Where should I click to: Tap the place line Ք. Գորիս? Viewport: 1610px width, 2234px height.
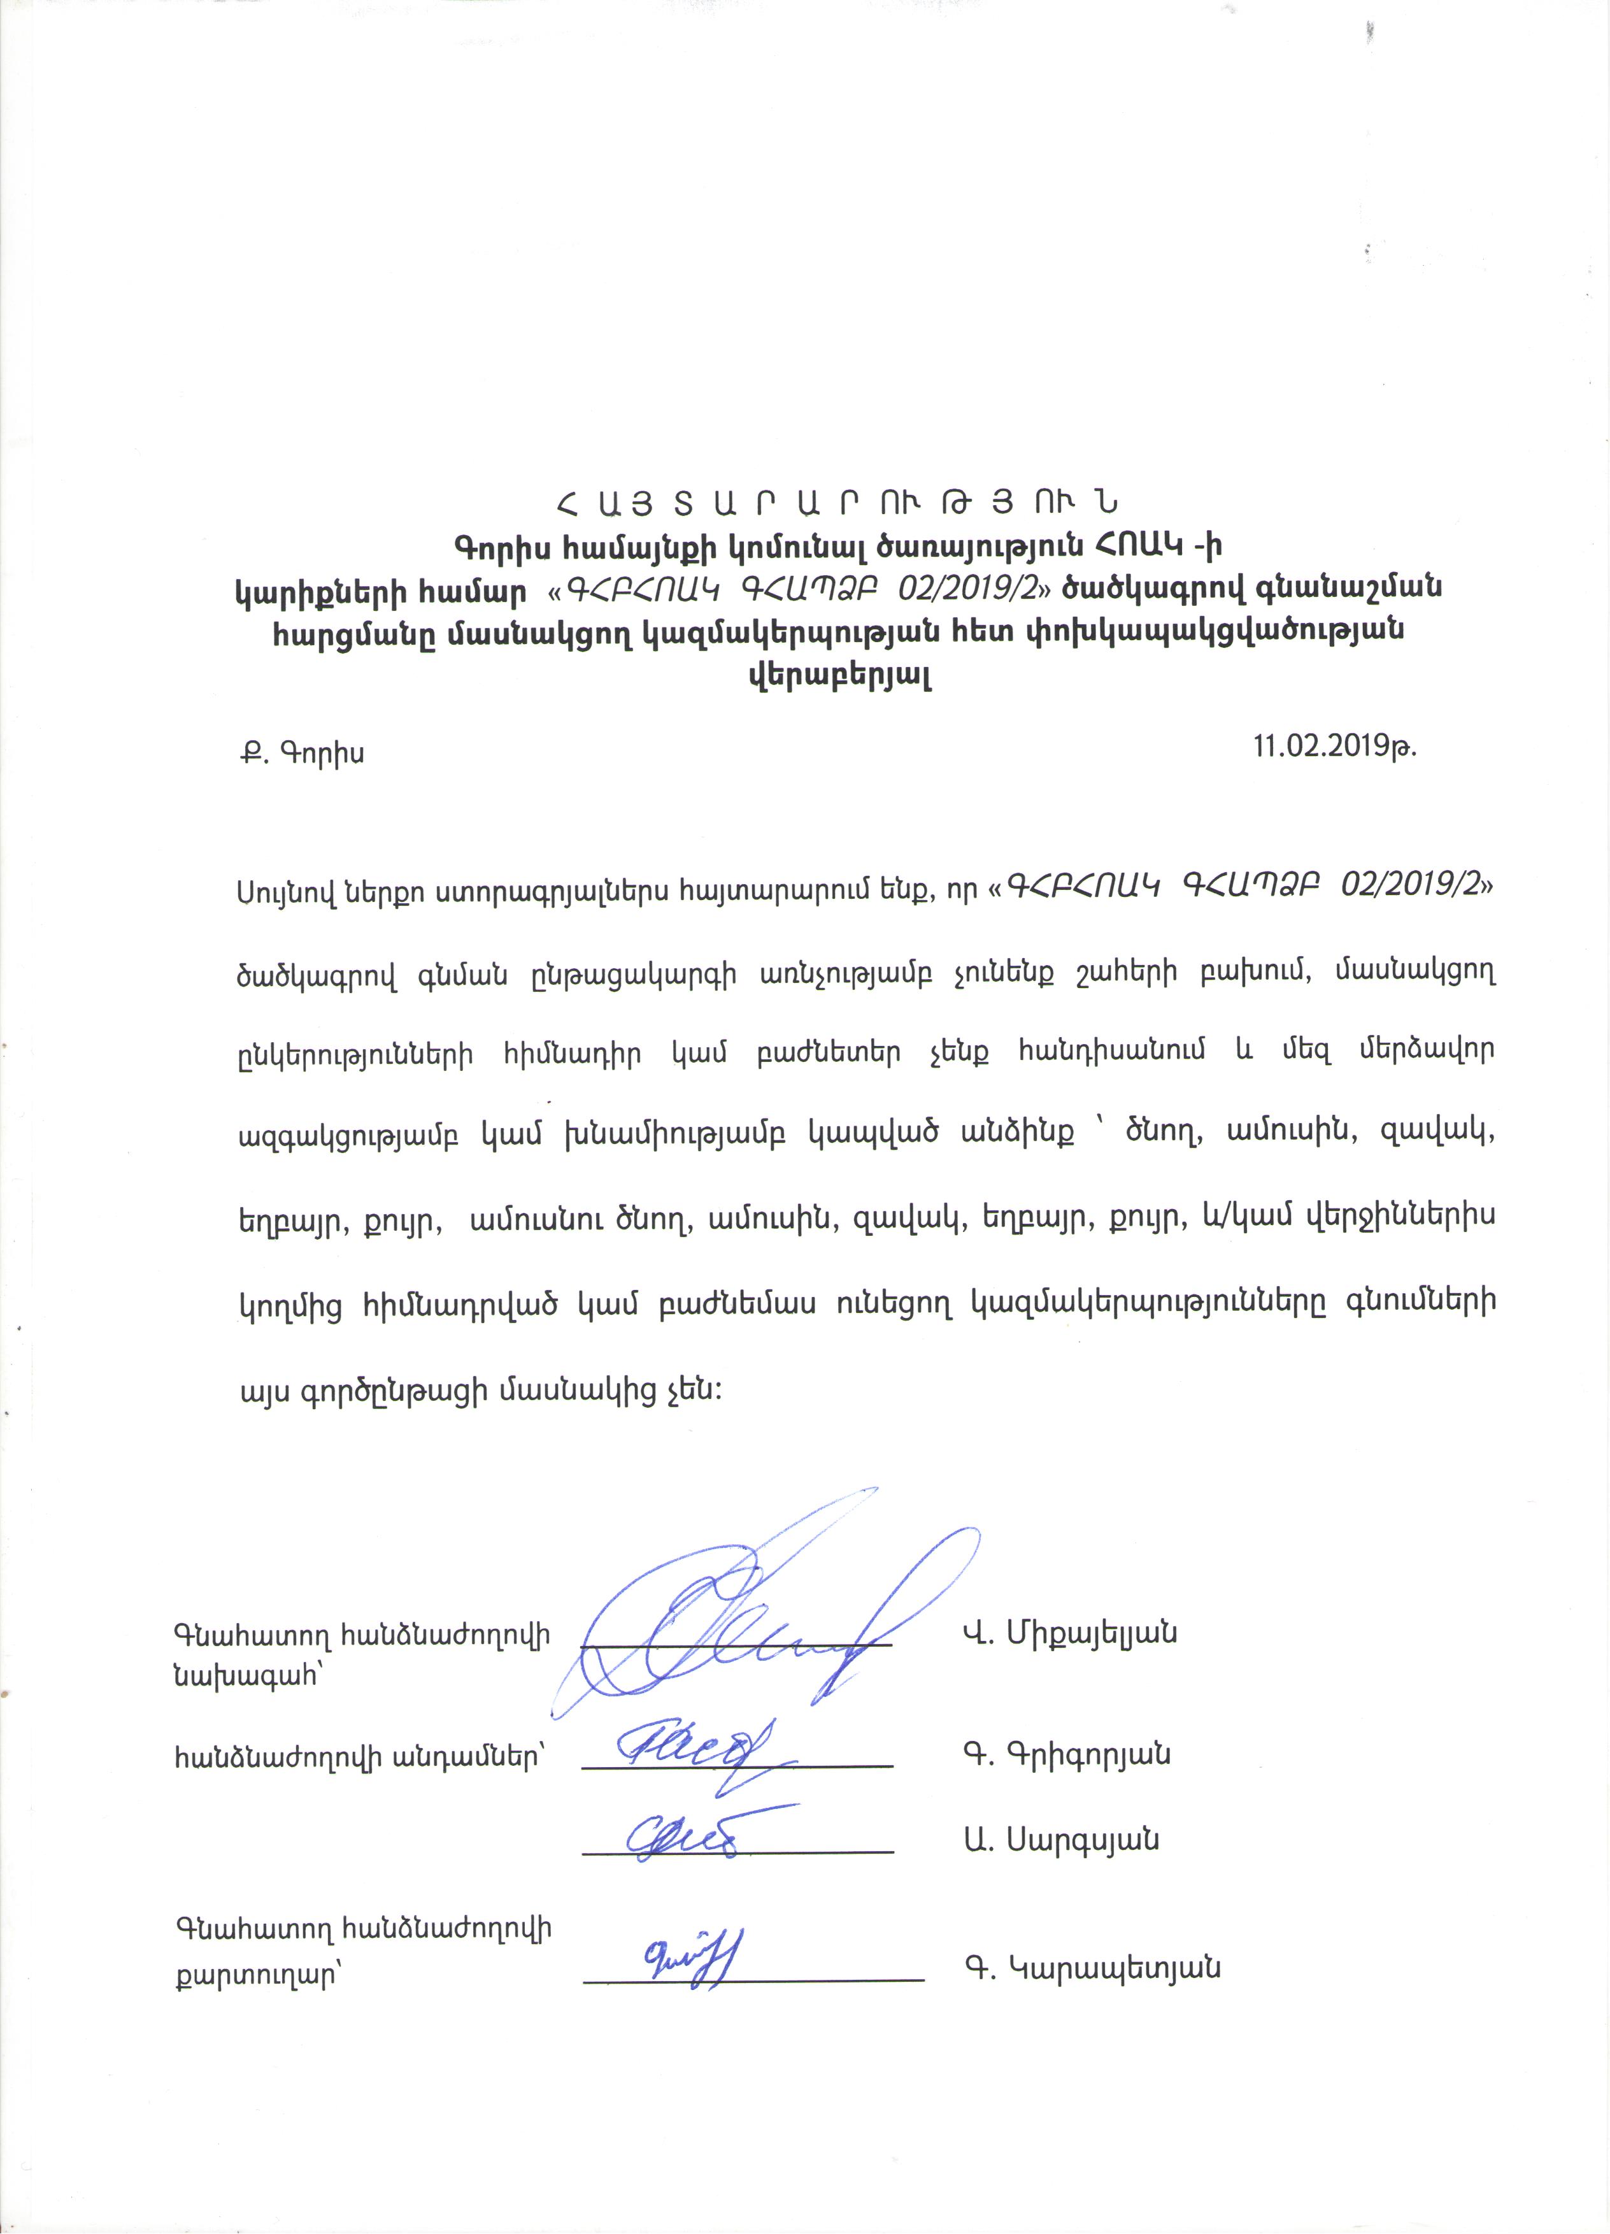(301, 754)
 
